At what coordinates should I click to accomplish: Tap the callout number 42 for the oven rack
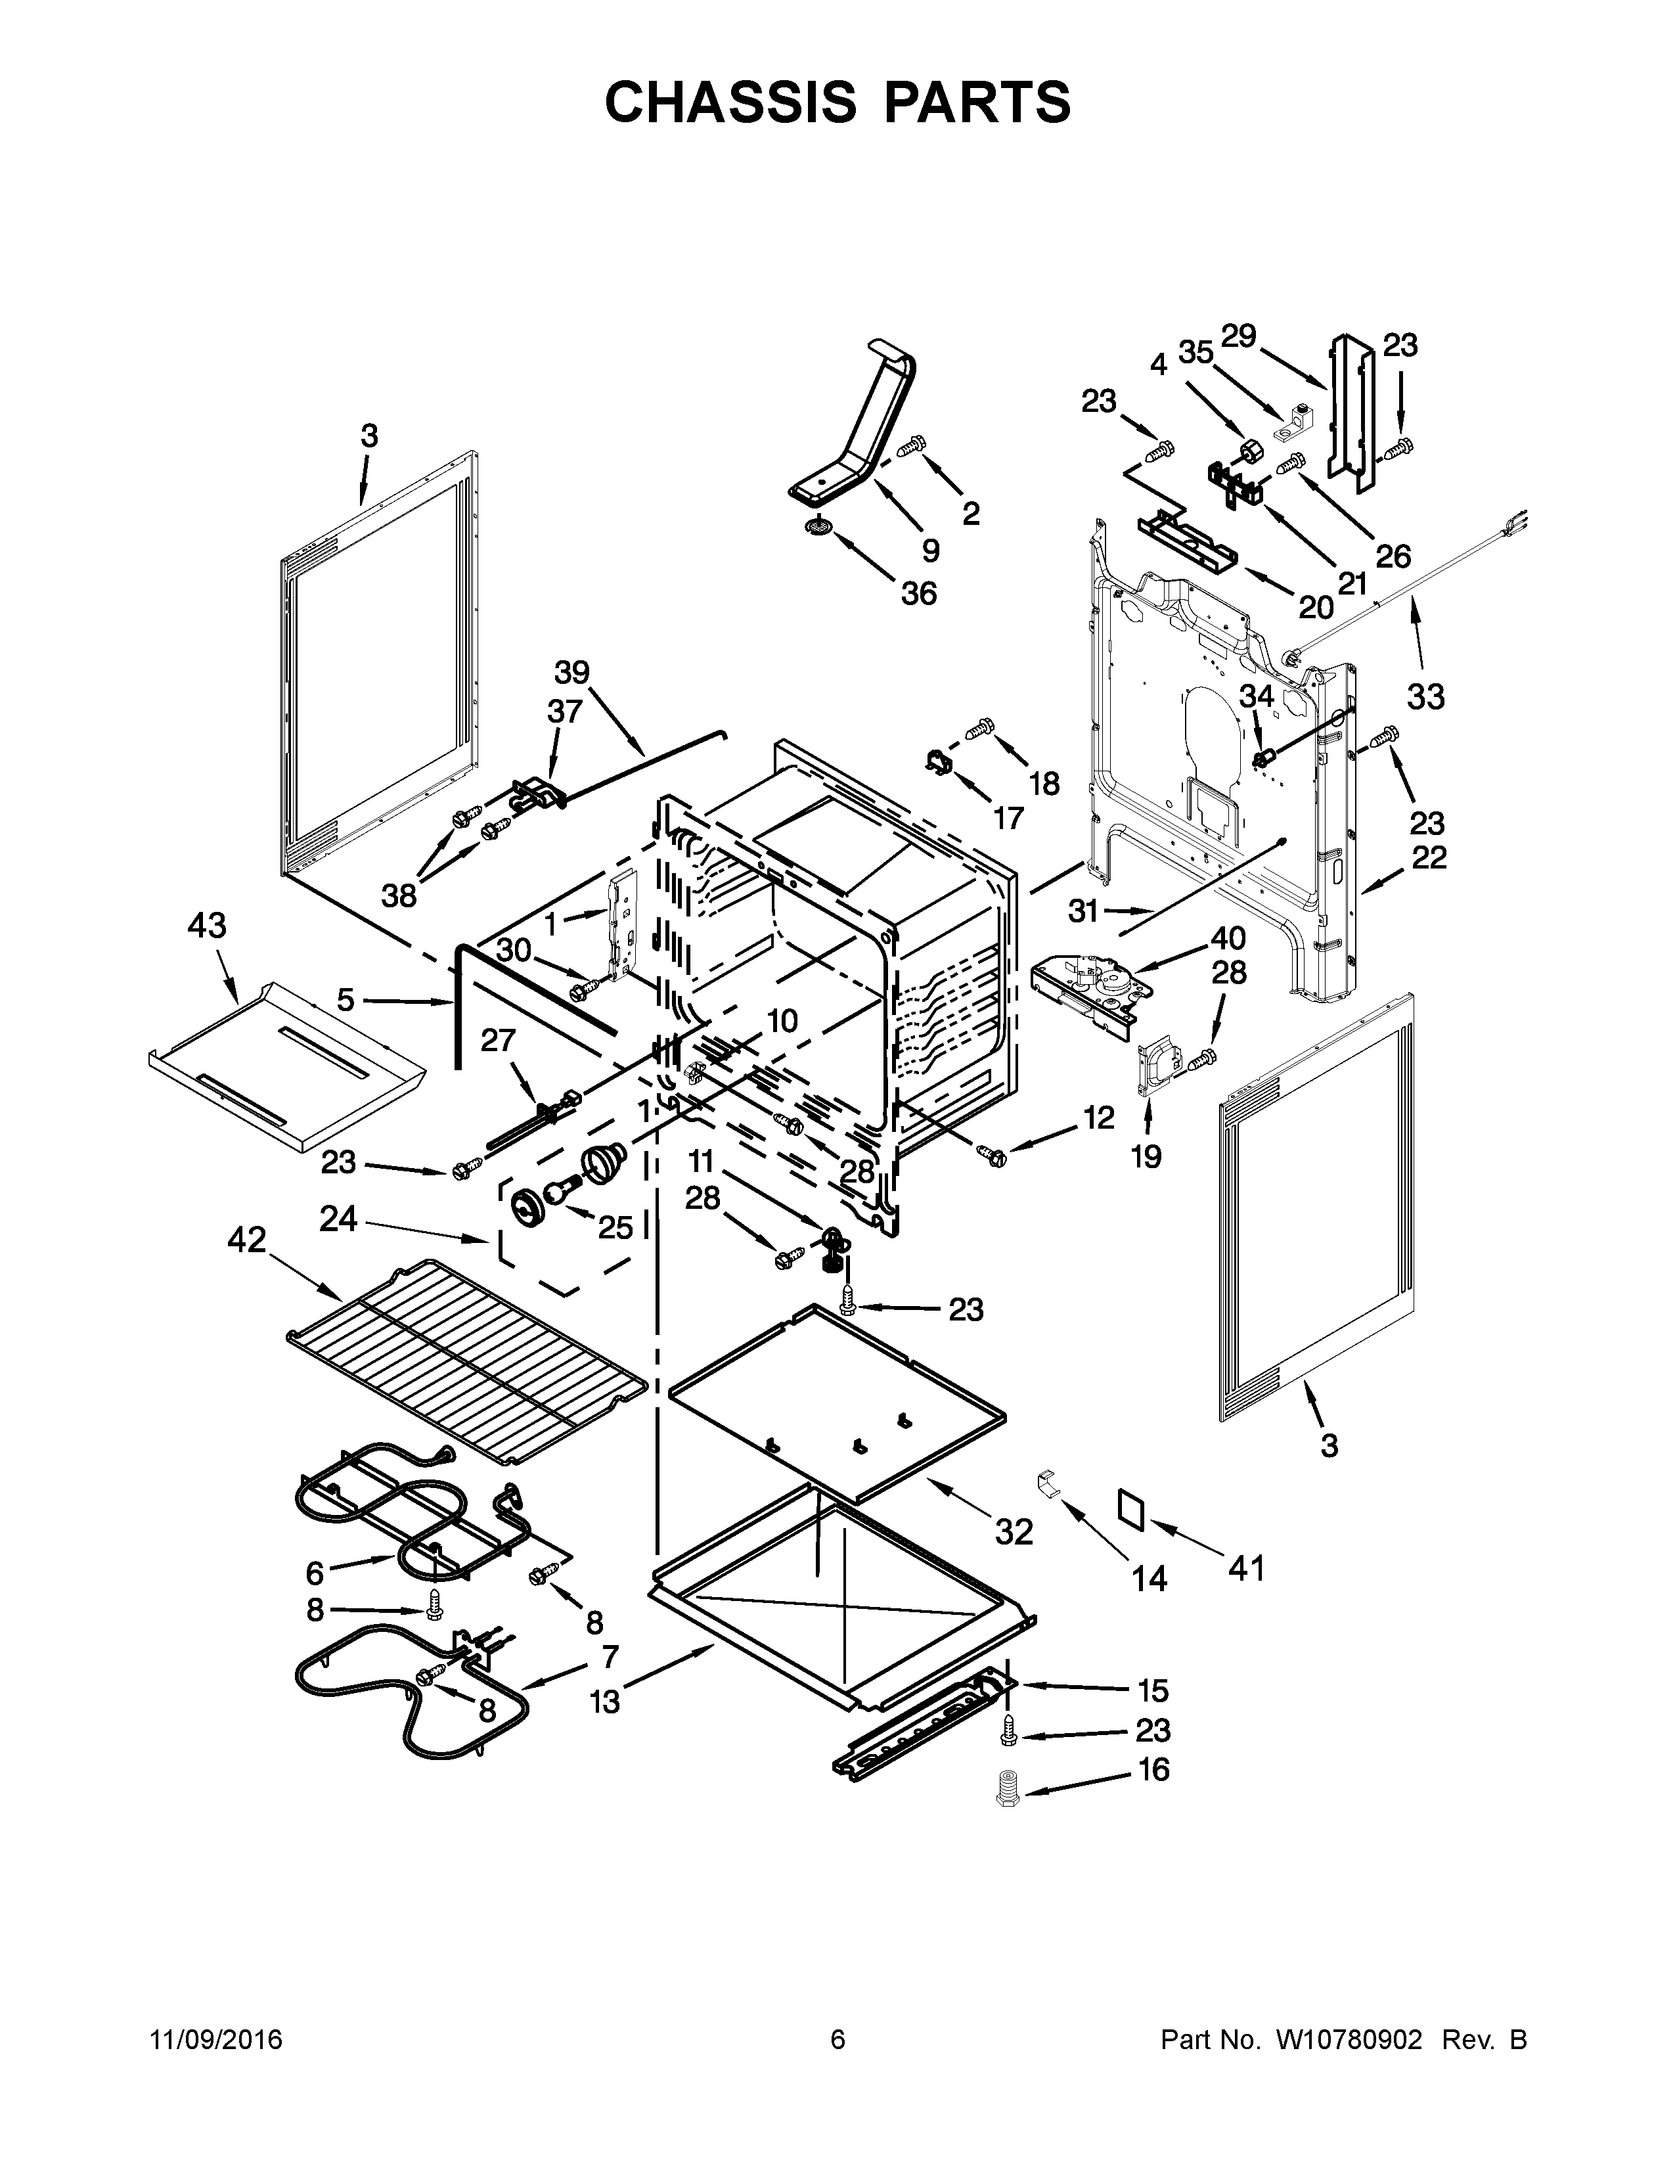click(247, 1239)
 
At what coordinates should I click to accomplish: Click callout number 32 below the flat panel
click(1014, 1533)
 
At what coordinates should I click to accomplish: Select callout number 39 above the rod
click(571, 672)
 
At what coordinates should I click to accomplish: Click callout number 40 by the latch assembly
click(1228, 937)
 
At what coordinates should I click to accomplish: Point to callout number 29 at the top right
click(1238, 336)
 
